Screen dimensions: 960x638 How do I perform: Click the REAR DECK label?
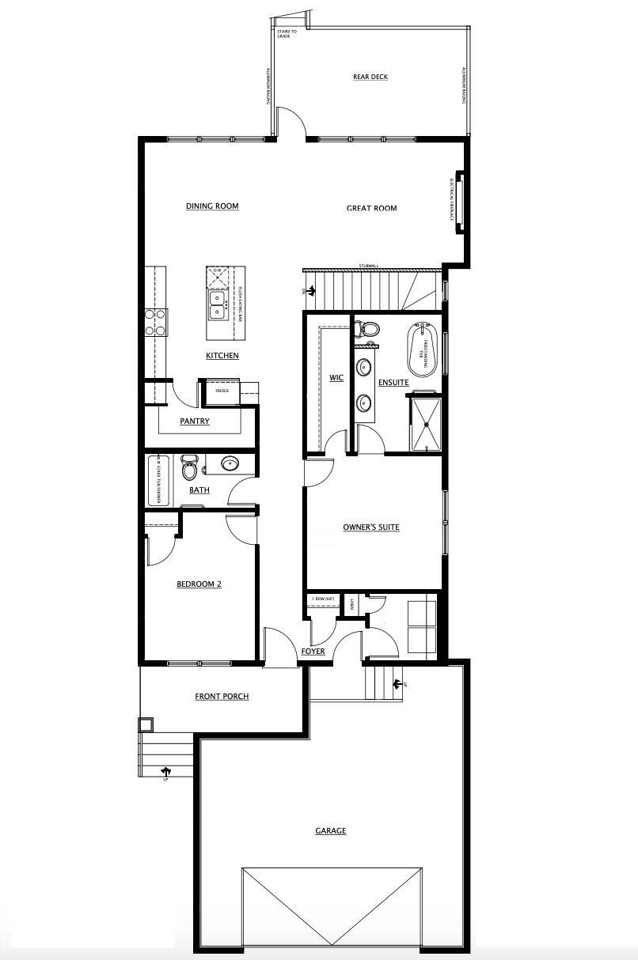pyautogui.click(x=370, y=77)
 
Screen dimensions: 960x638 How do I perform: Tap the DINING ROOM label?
pyautogui.click(x=212, y=206)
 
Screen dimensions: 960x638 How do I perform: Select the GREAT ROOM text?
pyautogui.click(x=371, y=209)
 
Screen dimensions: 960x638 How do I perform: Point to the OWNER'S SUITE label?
pyautogui.click(x=370, y=527)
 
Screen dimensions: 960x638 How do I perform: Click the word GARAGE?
pyautogui.click(x=330, y=831)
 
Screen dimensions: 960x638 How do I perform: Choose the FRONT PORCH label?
pyautogui.click(x=222, y=697)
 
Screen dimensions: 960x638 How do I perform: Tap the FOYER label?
pyautogui.click(x=313, y=652)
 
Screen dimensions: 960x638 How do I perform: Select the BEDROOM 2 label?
pyautogui.click(x=198, y=584)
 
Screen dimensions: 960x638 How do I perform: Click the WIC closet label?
pyautogui.click(x=336, y=378)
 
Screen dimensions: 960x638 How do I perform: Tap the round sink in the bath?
pyautogui.click(x=230, y=464)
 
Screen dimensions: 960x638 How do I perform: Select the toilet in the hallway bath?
pyautogui.click(x=189, y=468)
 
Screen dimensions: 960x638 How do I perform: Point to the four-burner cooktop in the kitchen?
pyautogui.click(x=155, y=322)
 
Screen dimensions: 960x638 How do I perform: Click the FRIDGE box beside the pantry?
pyautogui.click(x=222, y=391)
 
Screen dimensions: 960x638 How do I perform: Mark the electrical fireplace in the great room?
pyautogui.click(x=458, y=202)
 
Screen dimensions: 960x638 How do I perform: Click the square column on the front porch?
pyautogui.click(x=146, y=725)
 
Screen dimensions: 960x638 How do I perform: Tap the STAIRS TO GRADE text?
pyautogui.click(x=287, y=34)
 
